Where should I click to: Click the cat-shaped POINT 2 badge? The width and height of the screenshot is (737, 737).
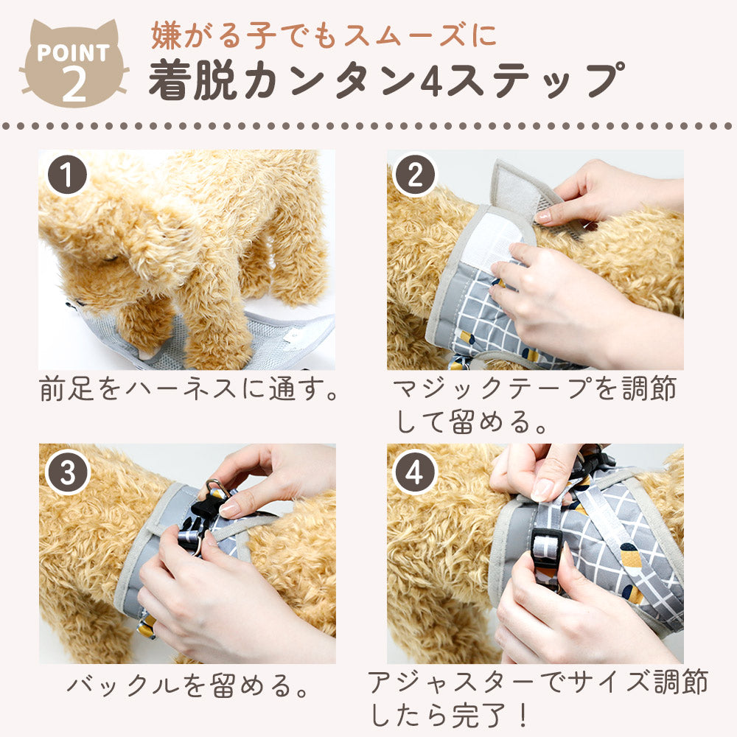[74, 63]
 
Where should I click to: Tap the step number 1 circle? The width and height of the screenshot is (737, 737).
[67, 175]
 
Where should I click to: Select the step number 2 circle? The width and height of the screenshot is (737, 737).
[415, 175]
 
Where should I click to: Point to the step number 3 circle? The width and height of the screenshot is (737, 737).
[67, 472]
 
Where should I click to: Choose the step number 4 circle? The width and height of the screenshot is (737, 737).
[415, 472]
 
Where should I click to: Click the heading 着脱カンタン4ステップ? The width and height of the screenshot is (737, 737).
[386, 81]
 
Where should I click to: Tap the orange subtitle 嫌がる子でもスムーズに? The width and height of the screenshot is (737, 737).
[324, 36]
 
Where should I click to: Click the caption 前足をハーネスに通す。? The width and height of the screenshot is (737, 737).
[188, 388]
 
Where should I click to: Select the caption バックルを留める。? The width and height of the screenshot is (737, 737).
[187, 685]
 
